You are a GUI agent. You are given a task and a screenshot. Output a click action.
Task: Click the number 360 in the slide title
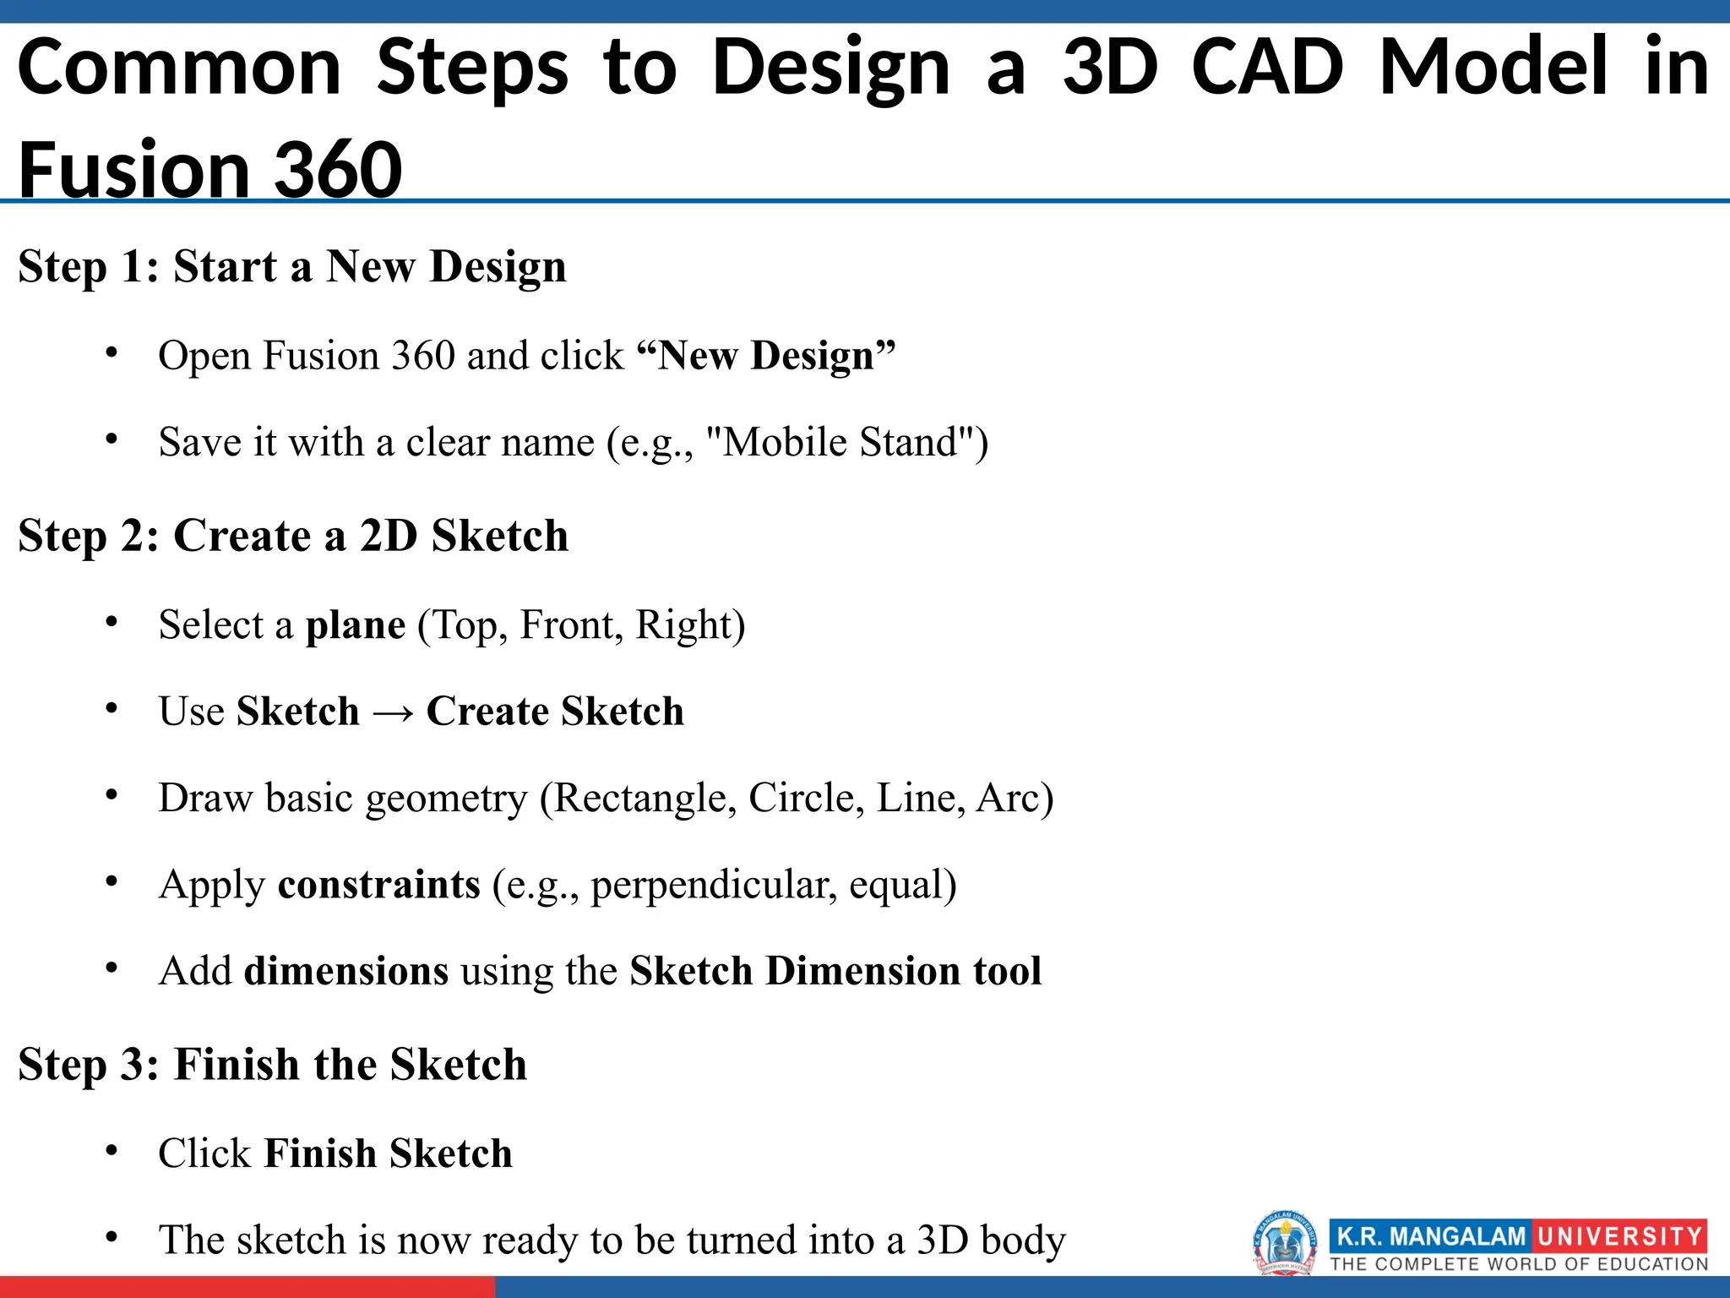pos(338,169)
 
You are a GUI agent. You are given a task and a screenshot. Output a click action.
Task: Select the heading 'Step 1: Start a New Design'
pos(292,267)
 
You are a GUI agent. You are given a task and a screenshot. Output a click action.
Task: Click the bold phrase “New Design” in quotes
pos(765,355)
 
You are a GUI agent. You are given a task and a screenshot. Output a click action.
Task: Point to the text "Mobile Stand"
pos(845,442)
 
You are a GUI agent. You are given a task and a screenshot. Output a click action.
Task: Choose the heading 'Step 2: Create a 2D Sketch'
pos(293,536)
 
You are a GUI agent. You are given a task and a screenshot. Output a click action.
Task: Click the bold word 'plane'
pos(355,625)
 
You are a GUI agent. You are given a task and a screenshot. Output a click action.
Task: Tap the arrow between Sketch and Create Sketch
pos(393,712)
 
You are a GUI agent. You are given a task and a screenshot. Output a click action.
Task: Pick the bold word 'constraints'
pos(378,885)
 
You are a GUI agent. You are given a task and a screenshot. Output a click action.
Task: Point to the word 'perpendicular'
pos(714,886)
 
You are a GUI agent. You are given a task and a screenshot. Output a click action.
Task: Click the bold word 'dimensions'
pos(346,971)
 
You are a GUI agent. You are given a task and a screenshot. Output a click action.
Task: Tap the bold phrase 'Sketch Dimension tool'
pos(835,971)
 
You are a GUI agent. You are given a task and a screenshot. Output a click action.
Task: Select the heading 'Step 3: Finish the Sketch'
pos(272,1064)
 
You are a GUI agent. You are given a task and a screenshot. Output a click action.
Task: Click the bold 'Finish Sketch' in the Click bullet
pos(388,1153)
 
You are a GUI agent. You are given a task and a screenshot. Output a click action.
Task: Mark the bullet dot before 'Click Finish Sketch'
pos(112,1151)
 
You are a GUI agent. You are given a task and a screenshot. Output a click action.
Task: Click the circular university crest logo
pos(1284,1242)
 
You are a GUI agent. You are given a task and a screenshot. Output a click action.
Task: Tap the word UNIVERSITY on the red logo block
pos(1618,1236)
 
